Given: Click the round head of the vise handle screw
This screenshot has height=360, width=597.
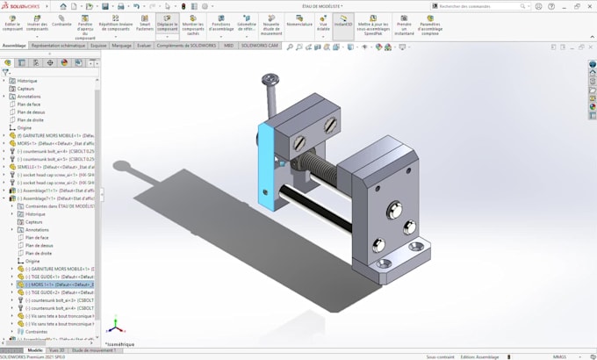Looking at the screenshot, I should (x=270, y=82).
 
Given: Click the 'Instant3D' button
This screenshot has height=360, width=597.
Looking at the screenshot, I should (x=343, y=22).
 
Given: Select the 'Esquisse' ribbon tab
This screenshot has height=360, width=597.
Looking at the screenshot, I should (x=98, y=45).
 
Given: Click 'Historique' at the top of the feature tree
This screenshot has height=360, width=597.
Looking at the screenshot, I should (x=27, y=81).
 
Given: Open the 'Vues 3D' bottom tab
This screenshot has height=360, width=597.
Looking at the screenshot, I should (x=57, y=350).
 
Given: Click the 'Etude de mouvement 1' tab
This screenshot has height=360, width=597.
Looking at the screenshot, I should (x=94, y=350).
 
